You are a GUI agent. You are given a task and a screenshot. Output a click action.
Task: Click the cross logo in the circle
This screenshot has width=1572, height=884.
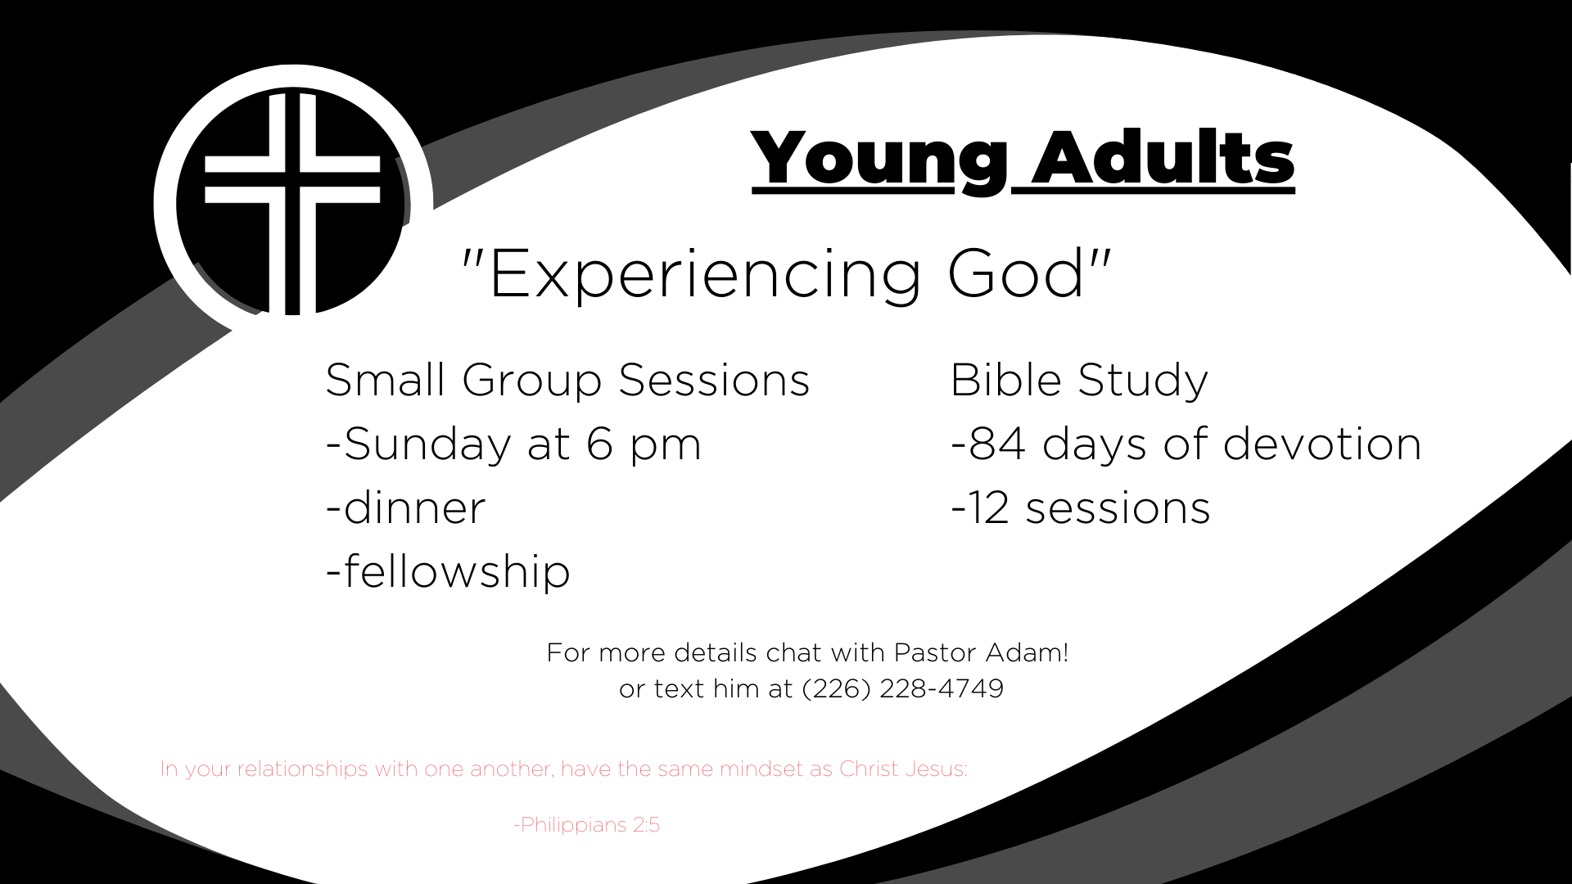[x=292, y=203]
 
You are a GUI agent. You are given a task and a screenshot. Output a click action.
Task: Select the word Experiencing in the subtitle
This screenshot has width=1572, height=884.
[x=705, y=277]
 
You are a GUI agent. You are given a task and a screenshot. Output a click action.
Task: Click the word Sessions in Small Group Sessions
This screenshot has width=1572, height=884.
[x=714, y=381]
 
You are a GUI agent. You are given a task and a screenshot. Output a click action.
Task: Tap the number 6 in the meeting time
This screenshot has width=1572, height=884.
[x=599, y=444]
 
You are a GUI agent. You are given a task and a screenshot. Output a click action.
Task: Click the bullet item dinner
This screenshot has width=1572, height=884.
[x=406, y=507]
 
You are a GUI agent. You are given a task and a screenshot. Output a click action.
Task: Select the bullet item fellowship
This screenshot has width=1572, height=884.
[x=448, y=571]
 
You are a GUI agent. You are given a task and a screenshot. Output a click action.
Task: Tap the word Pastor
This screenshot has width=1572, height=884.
[x=934, y=652]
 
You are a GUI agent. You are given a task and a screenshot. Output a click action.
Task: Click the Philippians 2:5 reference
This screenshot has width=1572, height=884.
[x=586, y=825]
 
